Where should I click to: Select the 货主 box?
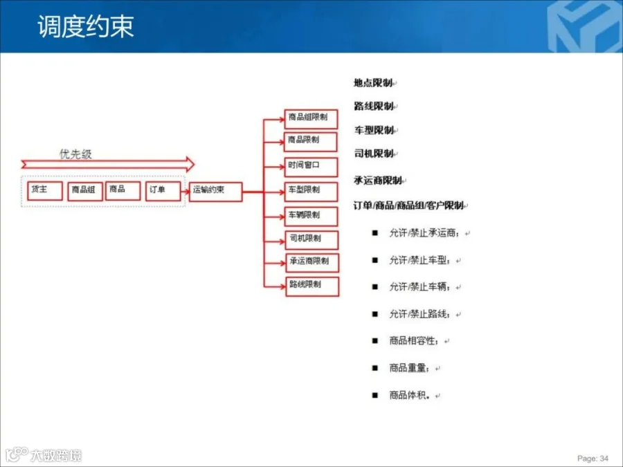coord(45,190)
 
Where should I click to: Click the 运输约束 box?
coord(215,191)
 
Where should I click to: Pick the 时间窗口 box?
coord(311,167)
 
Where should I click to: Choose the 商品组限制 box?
coord(311,118)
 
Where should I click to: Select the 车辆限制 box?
coord(311,216)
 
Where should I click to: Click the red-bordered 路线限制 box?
coord(311,286)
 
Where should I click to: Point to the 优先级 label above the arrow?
coord(75,154)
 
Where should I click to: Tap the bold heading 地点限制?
coord(373,83)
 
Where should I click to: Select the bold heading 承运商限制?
coord(378,181)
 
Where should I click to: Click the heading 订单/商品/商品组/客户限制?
coord(408,205)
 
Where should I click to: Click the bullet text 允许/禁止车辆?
coord(424,287)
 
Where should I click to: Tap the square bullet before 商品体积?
coord(374,395)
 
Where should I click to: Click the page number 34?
coord(604,458)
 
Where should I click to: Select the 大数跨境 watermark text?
coord(55,455)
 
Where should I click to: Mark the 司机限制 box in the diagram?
coord(311,239)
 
